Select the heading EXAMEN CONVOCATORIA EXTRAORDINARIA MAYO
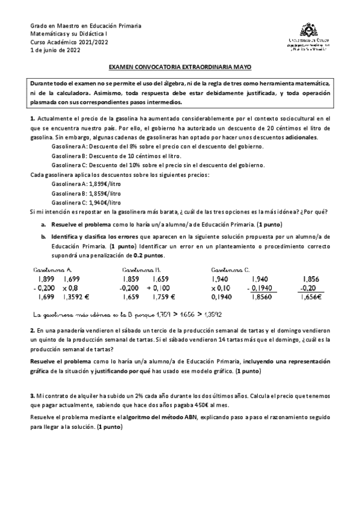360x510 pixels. (180, 69)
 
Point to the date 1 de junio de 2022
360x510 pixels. (55, 51)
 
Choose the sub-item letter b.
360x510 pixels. (43, 237)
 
